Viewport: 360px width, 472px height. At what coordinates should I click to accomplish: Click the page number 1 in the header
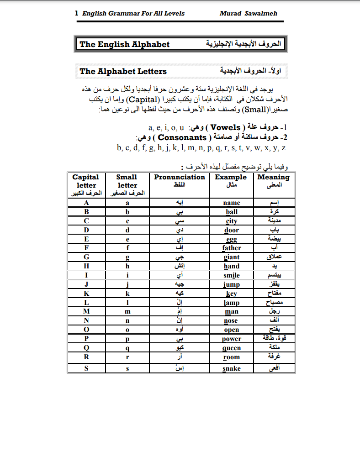77,13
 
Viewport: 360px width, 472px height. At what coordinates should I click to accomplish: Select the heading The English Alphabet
124,44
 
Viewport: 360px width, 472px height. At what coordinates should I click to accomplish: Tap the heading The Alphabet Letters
123,71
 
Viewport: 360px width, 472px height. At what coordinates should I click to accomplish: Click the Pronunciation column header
180,177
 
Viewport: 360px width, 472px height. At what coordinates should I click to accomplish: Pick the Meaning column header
273,177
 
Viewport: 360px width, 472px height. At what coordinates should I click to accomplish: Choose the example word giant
232,257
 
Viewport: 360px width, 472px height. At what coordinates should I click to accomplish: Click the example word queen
232,348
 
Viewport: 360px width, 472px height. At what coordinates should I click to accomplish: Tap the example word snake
232,368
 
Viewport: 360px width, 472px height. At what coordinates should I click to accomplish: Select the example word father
232,248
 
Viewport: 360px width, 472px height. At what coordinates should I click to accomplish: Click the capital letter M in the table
86,312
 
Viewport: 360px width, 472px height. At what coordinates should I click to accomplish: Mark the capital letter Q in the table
86,348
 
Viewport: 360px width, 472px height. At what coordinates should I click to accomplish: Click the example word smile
232,275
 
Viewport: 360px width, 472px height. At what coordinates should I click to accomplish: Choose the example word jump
232,284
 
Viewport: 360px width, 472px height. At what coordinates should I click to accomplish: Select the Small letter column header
127,181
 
